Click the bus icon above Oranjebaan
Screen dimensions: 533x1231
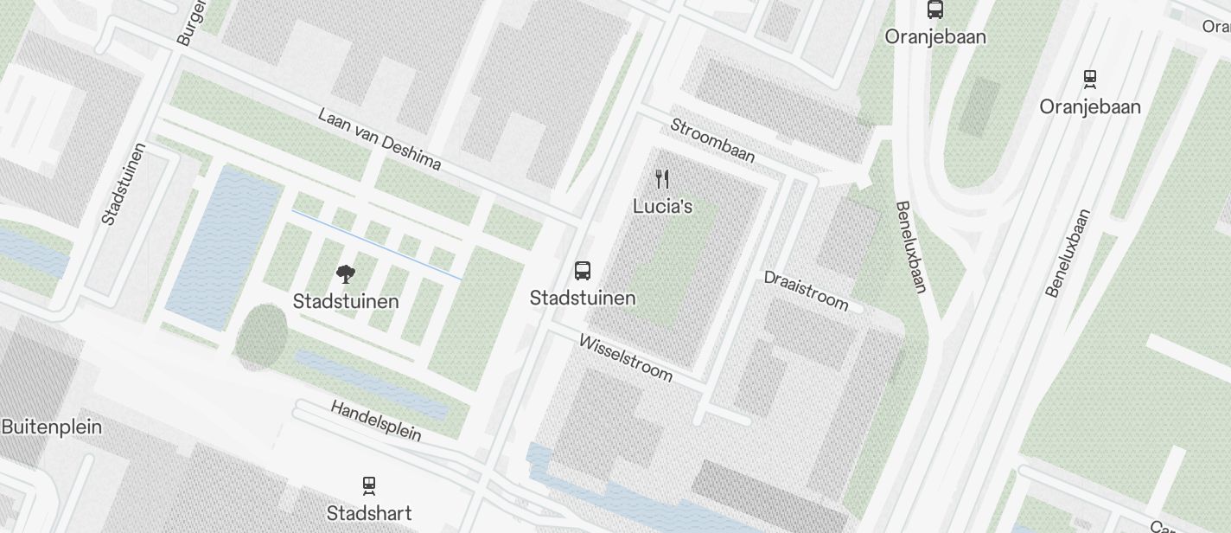coord(934,10)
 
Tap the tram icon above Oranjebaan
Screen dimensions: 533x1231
coord(1089,80)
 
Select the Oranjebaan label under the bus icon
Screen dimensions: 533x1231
coord(935,37)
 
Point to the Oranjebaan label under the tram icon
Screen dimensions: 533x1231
coord(1089,106)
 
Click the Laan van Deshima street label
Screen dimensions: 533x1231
coord(380,139)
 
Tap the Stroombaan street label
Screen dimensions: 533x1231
coord(713,140)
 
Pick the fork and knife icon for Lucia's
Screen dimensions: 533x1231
coord(662,179)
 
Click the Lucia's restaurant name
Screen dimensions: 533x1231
coord(662,206)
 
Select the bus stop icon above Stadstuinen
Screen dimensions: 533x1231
coord(583,271)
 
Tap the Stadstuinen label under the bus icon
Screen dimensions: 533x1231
coord(583,299)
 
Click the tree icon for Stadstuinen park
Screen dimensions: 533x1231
coord(345,275)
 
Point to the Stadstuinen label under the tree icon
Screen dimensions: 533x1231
coord(346,301)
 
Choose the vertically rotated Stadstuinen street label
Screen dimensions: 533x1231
coord(123,184)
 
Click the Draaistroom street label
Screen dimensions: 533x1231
coord(806,290)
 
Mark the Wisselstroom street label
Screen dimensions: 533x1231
coord(626,358)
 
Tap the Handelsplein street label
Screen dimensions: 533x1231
coord(376,421)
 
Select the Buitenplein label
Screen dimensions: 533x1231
coord(51,427)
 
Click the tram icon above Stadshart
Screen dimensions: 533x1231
coord(369,485)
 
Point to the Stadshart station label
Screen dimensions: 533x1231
coord(369,513)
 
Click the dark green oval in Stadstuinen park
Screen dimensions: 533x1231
coord(261,337)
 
